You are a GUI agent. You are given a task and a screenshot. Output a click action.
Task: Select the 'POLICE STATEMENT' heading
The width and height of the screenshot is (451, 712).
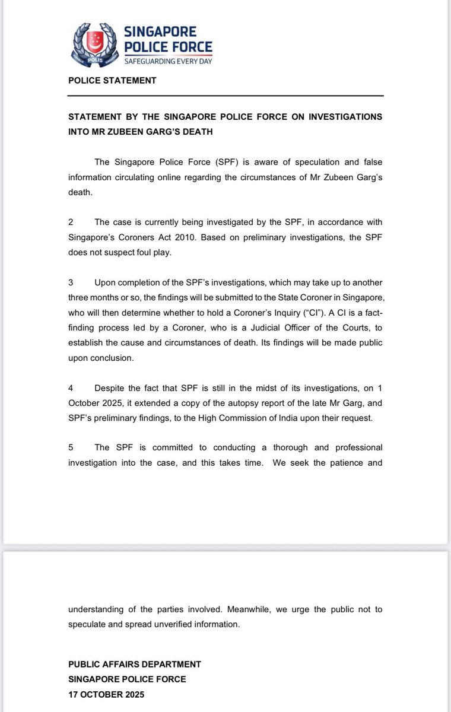tap(112, 80)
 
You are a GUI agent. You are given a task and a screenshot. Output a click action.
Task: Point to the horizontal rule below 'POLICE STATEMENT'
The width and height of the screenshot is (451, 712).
tap(225, 96)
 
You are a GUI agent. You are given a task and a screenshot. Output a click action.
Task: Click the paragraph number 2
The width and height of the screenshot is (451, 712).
tap(71, 222)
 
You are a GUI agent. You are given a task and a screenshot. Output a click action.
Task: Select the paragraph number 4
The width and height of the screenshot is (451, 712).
tap(71, 388)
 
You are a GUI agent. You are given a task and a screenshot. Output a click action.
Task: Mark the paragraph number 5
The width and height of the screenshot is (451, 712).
tap(71, 447)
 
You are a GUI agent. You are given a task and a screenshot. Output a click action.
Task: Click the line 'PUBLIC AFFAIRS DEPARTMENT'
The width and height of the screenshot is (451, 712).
tap(135, 665)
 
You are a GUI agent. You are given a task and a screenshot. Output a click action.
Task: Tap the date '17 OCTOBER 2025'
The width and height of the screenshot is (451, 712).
tap(106, 692)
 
